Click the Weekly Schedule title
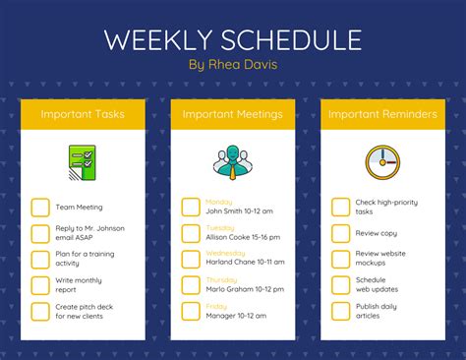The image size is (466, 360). click(x=233, y=39)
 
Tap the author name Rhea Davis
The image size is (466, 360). click(x=232, y=65)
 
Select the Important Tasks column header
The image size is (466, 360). click(x=83, y=115)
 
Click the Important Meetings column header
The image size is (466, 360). click(x=232, y=115)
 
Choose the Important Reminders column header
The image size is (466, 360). click(x=382, y=115)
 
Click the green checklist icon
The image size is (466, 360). click(x=83, y=161)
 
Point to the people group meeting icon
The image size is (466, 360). click(x=232, y=161)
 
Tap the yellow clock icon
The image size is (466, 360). click(x=382, y=161)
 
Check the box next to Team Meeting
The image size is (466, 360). click(x=40, y=207)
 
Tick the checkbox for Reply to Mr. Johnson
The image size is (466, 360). click(x=40, y=233)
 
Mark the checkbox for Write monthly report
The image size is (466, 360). click(x=40, y=285)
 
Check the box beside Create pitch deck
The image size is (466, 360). click(x=40, y=312)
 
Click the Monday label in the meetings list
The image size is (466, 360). click(x=220, y=201)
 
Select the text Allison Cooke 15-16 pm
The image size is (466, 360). click(x=239, y=237)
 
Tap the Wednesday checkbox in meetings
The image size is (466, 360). click(x=191, y=260)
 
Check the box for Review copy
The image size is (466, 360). click(x=340, y=233)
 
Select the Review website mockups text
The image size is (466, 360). click(x=380, y=259)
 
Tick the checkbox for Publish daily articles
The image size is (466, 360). click(x=340, y=312)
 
